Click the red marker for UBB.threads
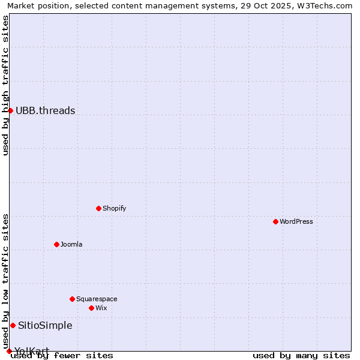(x=10, y=110)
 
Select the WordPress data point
(x=275, y=221)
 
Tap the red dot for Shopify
(x=98, y=208)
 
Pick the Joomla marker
(x=56, y=244)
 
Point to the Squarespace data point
(x=72, y=299)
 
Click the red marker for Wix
(x=91, y=308)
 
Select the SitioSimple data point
(x=13, y=325)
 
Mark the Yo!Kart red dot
(x=9, y=351)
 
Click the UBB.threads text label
(x=46, y=110)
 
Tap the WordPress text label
(x=296, y=221)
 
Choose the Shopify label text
(x=114, y=208)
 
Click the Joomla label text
(x=71, y=244)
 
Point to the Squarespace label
(x=97, y=299)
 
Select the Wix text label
(x=101, y=308)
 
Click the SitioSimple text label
(x=45, y=325)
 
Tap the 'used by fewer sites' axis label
(x=62, y=355)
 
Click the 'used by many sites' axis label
(x=301, y=355)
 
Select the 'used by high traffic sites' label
(x=5, y=85)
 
